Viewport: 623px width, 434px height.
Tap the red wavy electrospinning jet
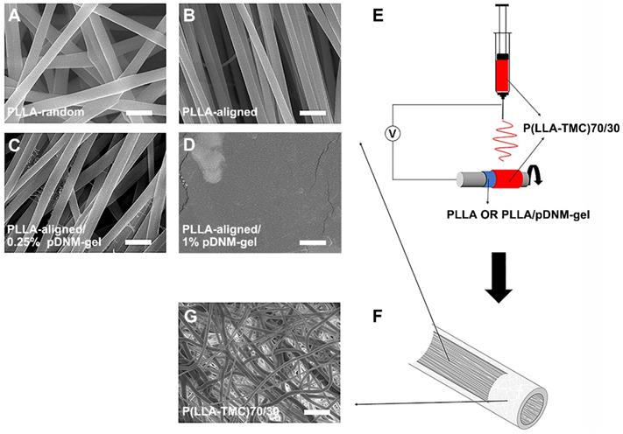pyautogui.click(x=503, y=138)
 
